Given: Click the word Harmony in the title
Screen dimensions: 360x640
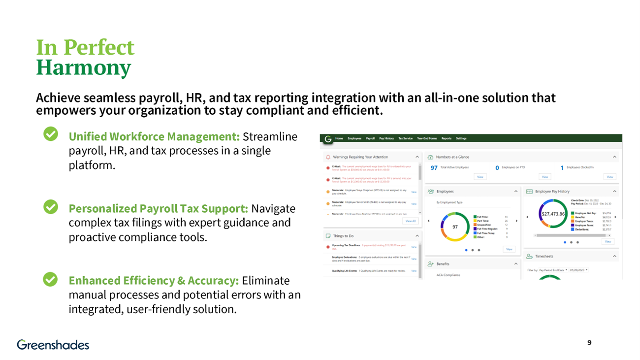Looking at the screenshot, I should pos(83,67).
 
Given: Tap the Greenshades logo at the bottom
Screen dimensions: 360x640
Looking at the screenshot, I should pos(53,344).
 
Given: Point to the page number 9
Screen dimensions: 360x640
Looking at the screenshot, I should pos(589,343).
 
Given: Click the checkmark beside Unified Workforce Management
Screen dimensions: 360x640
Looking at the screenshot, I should pos(51,134).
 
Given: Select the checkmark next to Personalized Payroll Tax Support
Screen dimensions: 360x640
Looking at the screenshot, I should pos(51,207).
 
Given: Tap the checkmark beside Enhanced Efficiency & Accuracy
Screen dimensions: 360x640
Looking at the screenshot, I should pos(51,279).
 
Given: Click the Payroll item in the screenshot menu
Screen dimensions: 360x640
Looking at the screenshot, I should pos(370,138).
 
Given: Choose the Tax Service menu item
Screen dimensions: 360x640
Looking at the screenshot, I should pos(405,138).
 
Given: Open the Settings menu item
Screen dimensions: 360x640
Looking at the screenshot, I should pos(461,138).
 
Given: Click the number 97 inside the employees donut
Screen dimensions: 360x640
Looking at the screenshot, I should pos(455,227).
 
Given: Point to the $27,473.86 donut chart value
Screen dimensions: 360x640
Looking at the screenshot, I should pos(552,214).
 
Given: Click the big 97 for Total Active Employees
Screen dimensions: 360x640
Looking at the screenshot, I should pos(434,167).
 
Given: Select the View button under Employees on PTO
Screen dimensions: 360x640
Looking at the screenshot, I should pos(545,176).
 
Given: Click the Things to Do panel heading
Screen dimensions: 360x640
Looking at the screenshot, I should pos(343,236).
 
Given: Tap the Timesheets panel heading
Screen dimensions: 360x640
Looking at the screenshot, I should pos(544,256).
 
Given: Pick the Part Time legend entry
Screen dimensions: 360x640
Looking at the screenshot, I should pos(482,221).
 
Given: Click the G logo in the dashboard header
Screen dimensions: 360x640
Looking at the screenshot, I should pos(328,139).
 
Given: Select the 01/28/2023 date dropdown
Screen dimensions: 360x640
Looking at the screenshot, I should pos(579,270).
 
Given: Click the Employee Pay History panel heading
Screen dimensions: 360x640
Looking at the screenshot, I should pos(552,191).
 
